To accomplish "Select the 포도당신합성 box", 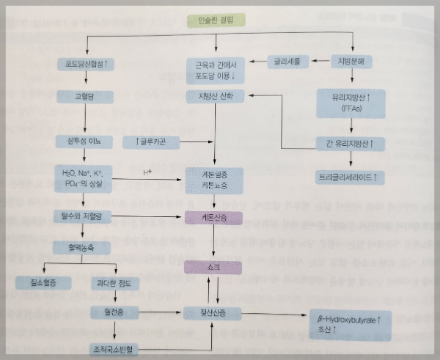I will [87, 63].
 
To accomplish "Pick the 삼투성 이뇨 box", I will [87, 139].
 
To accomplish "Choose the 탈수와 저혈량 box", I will [87, 217].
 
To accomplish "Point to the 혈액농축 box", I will [87, 247].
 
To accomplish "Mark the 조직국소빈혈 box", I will [114, 347].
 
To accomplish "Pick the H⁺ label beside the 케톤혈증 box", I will [146, 173].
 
